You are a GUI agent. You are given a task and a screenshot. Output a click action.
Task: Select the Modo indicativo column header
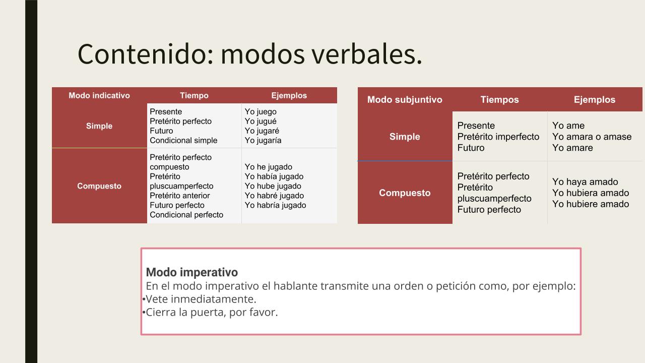tap(99, 95)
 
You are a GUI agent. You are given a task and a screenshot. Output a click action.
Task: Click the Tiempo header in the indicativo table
tap(194, 95)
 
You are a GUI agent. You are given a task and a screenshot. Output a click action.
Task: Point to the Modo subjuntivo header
tap(405, 100)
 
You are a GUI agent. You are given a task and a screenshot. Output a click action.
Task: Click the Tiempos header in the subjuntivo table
tap(499, 100)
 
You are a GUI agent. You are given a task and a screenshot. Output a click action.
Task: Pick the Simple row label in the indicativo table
tap(99, 126)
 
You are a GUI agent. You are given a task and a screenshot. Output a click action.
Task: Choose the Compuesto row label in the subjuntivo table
tap(405, 193)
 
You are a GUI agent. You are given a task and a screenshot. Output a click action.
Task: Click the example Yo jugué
tap(261, 122)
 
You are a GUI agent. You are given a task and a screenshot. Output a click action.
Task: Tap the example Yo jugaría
tap(263, 141)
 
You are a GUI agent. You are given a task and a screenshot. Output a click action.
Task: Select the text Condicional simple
tap(183, 140)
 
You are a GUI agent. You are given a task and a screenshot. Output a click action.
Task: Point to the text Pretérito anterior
tap(180, 196)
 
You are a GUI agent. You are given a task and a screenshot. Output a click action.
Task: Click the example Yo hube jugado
tap(273, 186)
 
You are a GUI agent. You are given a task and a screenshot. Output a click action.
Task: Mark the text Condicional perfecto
tap(186, 215)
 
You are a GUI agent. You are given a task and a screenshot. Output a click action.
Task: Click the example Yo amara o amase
tap(592, 137)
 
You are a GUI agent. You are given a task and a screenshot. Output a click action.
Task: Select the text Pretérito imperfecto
tap(498, 137)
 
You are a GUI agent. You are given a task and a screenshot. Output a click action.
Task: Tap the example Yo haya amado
tap(585, 182)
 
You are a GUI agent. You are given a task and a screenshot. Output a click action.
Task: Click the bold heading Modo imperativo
tap(192, 272)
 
